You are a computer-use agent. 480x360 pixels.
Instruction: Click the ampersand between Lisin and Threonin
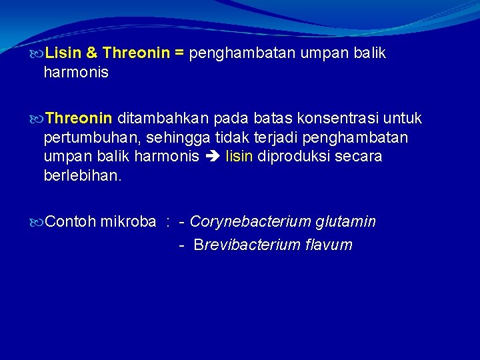(93, 53)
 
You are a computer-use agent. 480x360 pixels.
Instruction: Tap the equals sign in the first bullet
(179, 53)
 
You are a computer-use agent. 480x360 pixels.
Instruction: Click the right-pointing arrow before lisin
(213, 157)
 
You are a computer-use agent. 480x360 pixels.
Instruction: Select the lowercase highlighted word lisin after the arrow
(239, 157)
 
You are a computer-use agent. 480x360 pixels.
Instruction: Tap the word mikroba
(128, 221)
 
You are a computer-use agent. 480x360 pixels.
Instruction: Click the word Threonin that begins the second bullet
(79, 119)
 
